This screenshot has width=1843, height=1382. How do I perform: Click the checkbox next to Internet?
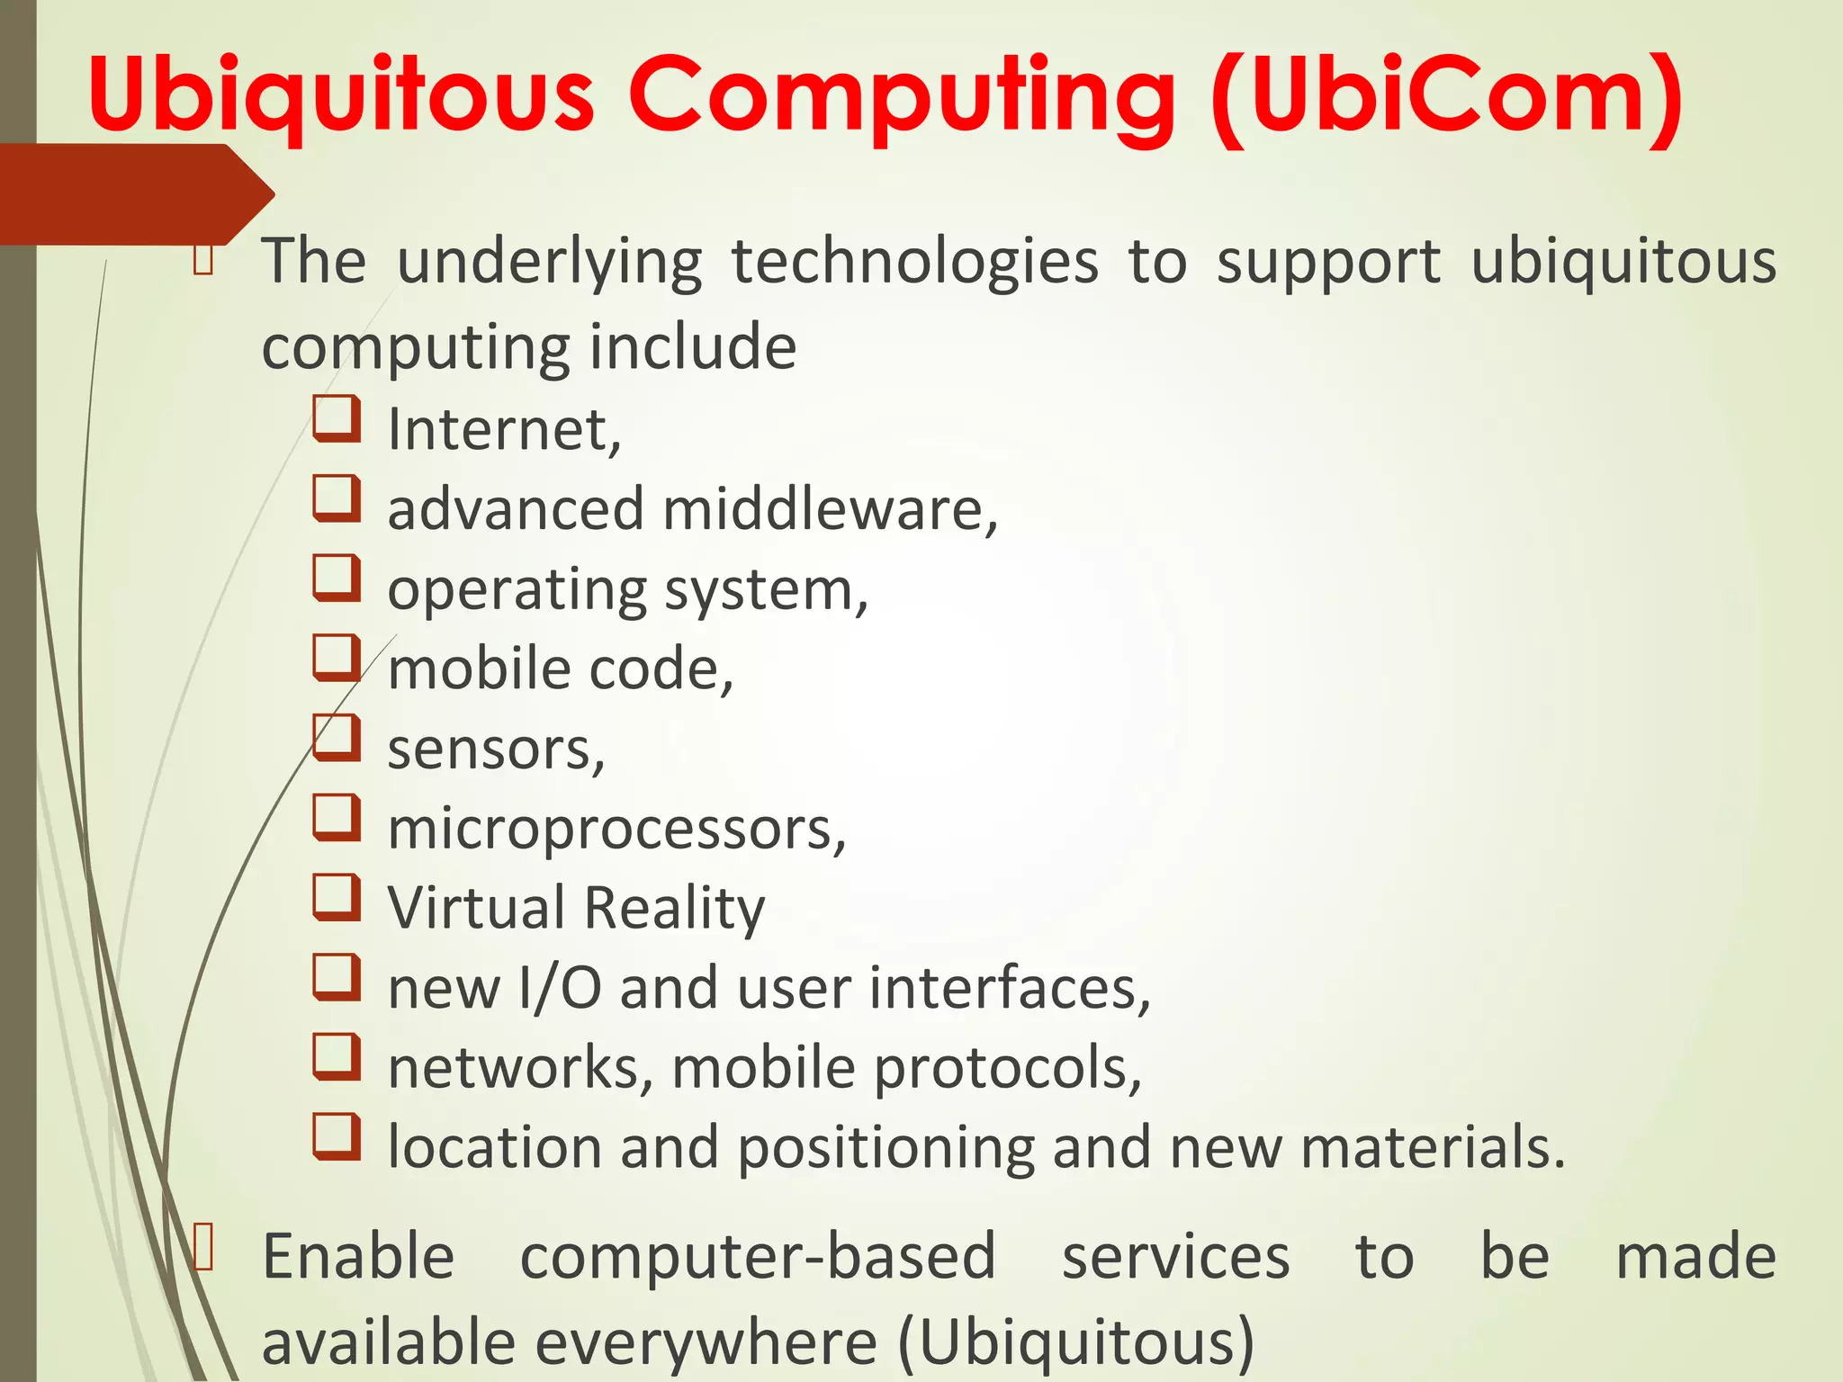[337, 419]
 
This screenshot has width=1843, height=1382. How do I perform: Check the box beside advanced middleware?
[337, 499]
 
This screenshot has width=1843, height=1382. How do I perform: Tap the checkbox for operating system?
[337, 579]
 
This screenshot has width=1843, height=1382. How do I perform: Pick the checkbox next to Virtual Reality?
[337, 898]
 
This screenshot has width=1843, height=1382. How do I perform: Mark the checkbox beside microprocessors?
[337, 818]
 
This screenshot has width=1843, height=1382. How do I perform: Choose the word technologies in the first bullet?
[914, 262]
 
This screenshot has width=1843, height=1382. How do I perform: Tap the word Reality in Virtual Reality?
[675, 909]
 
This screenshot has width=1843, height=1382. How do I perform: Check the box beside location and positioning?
[337, 1137]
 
